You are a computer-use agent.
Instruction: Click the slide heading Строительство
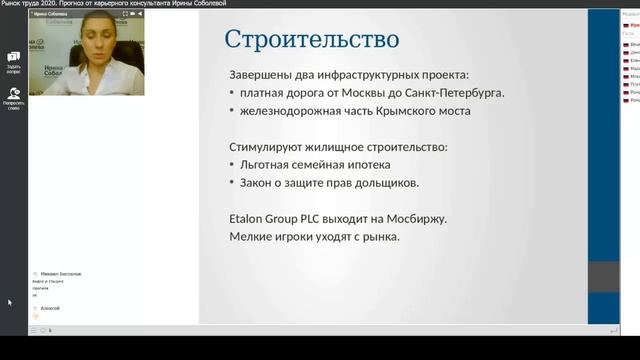tap(311, 40)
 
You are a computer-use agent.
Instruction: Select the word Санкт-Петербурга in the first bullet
tap(454, 93)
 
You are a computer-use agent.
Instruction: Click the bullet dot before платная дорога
tap(232, 94)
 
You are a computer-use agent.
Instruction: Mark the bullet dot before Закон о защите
tap(232, 184)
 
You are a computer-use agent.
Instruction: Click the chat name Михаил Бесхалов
tap(62, 273)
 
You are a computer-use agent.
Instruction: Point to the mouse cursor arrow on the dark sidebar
tap(9, 302)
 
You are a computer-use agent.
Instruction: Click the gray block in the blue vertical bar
tap(602, 277)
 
